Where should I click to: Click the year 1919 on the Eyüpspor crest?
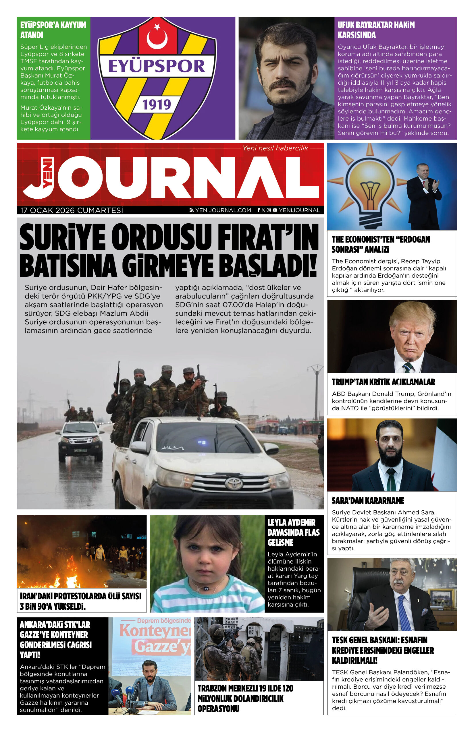(x=156, y=104)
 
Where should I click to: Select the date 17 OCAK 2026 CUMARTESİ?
(x=72, y=210)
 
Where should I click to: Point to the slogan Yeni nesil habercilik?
(x=275, y=148)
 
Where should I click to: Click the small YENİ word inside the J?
(x=48, y=172)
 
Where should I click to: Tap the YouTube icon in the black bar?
(x=275, y=210)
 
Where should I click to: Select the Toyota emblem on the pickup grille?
(x=234, y=483)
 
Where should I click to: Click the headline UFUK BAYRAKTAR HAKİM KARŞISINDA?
(x=376, y=30)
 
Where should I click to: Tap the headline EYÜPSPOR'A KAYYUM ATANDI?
(x=53, y=30)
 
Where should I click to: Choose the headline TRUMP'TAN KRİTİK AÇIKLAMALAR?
(x=383, y=382)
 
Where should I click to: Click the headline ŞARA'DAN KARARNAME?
(x=368, y=501)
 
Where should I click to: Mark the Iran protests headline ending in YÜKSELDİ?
(x=80, y=601)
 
